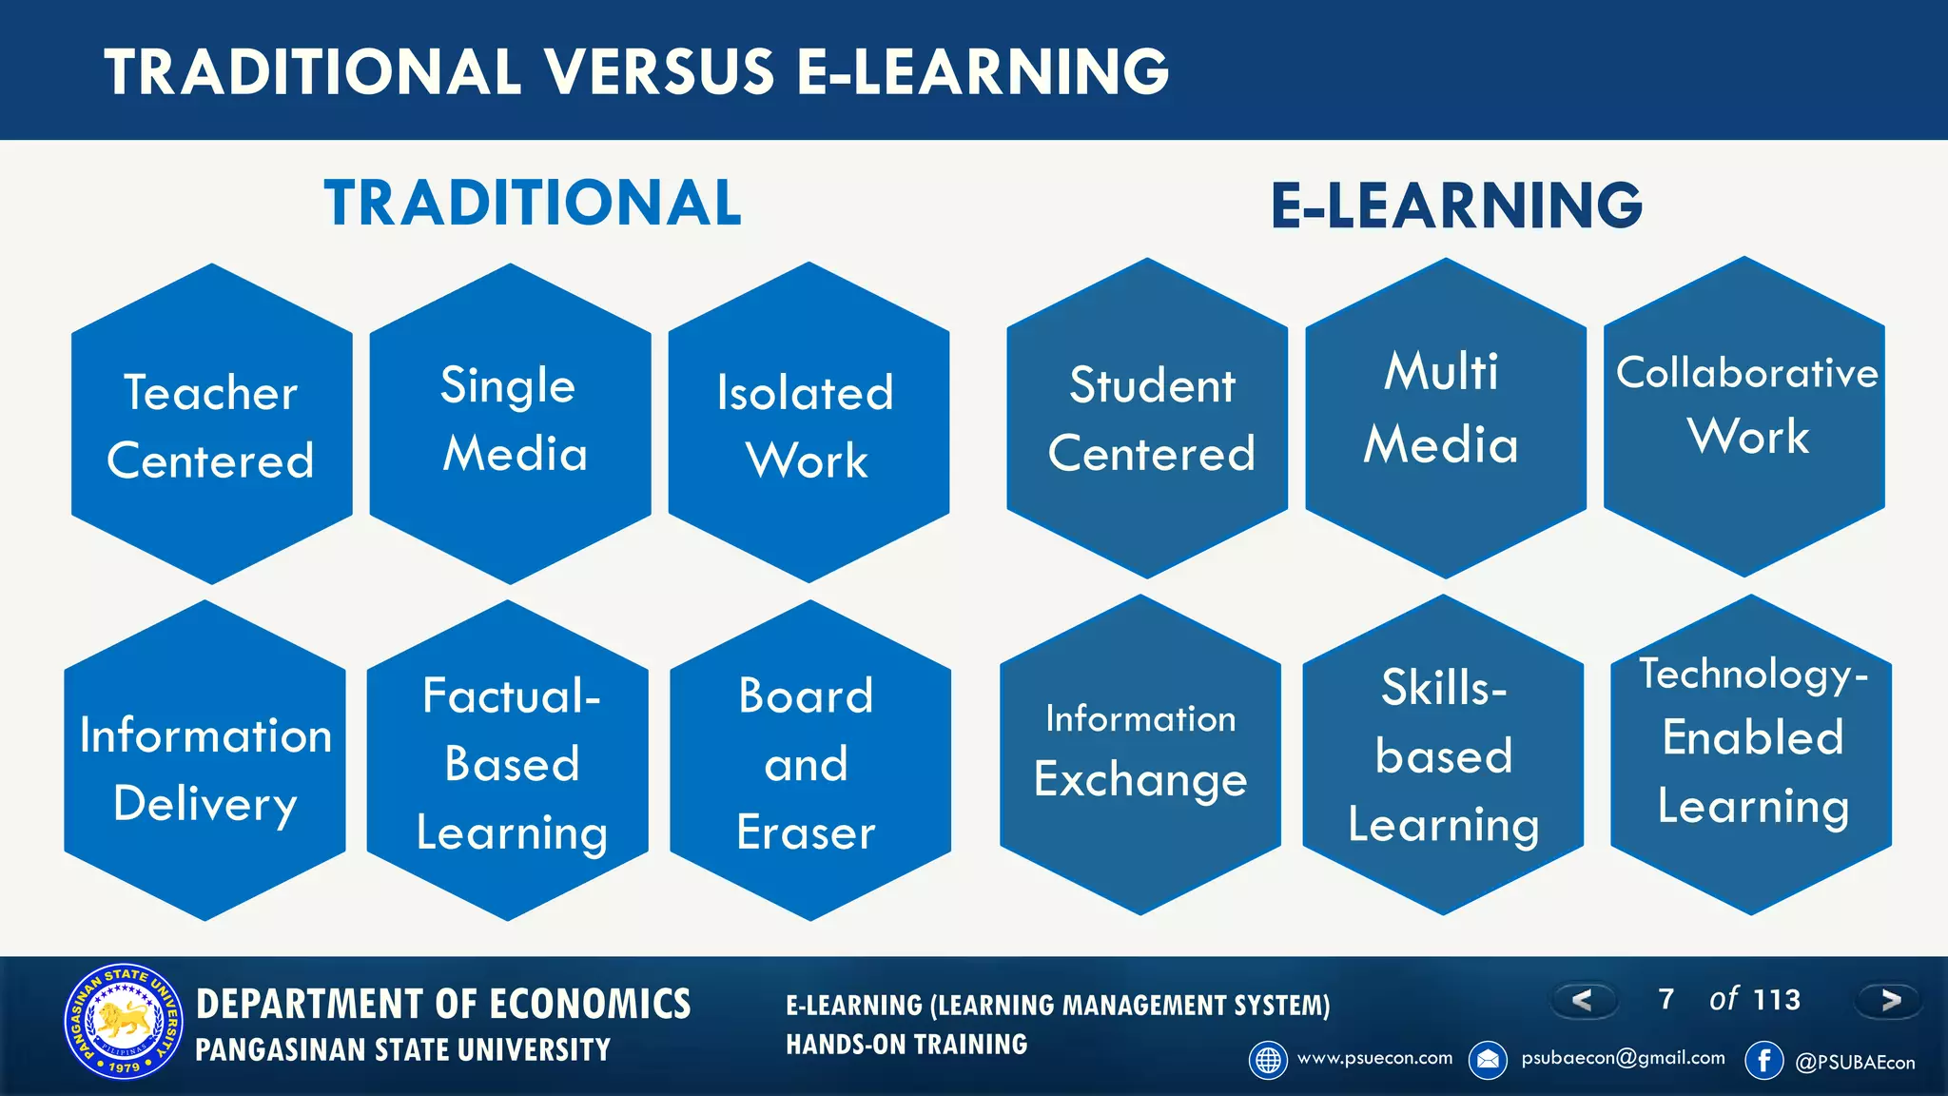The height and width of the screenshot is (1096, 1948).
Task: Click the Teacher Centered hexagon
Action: [x=211, y=424]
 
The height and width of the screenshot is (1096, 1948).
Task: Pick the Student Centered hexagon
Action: [x=1147, y=419]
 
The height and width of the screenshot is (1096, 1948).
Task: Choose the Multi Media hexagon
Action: [x=1446, y=419]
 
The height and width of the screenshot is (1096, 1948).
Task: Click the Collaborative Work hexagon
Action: [x=1744, y=417]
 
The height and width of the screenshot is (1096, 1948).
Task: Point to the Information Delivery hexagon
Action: [x=205, y=761]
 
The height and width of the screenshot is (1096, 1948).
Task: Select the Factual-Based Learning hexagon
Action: [x=508, y=761]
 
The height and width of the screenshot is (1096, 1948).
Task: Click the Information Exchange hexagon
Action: [x=1140, y=755]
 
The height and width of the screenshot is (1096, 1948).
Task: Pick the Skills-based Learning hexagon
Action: [x=1443, y=755]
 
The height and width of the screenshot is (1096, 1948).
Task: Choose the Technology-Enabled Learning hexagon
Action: [x=1751, y=755]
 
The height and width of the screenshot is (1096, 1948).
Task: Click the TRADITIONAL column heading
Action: [x=533, y=203]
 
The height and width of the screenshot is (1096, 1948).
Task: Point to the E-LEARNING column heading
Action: [x=1456, y=205]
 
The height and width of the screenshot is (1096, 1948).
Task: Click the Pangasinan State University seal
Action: [x=124, y=1023]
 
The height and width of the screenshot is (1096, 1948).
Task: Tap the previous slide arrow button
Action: [x=1583, y=1000]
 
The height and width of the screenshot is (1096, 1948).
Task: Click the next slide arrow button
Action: [x=1890, y=1000]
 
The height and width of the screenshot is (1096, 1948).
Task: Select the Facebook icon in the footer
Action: [x=1764, y=1060]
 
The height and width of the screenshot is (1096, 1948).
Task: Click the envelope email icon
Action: [x=1488, y=1060]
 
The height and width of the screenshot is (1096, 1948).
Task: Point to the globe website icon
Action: [x=1268, y=1060]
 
